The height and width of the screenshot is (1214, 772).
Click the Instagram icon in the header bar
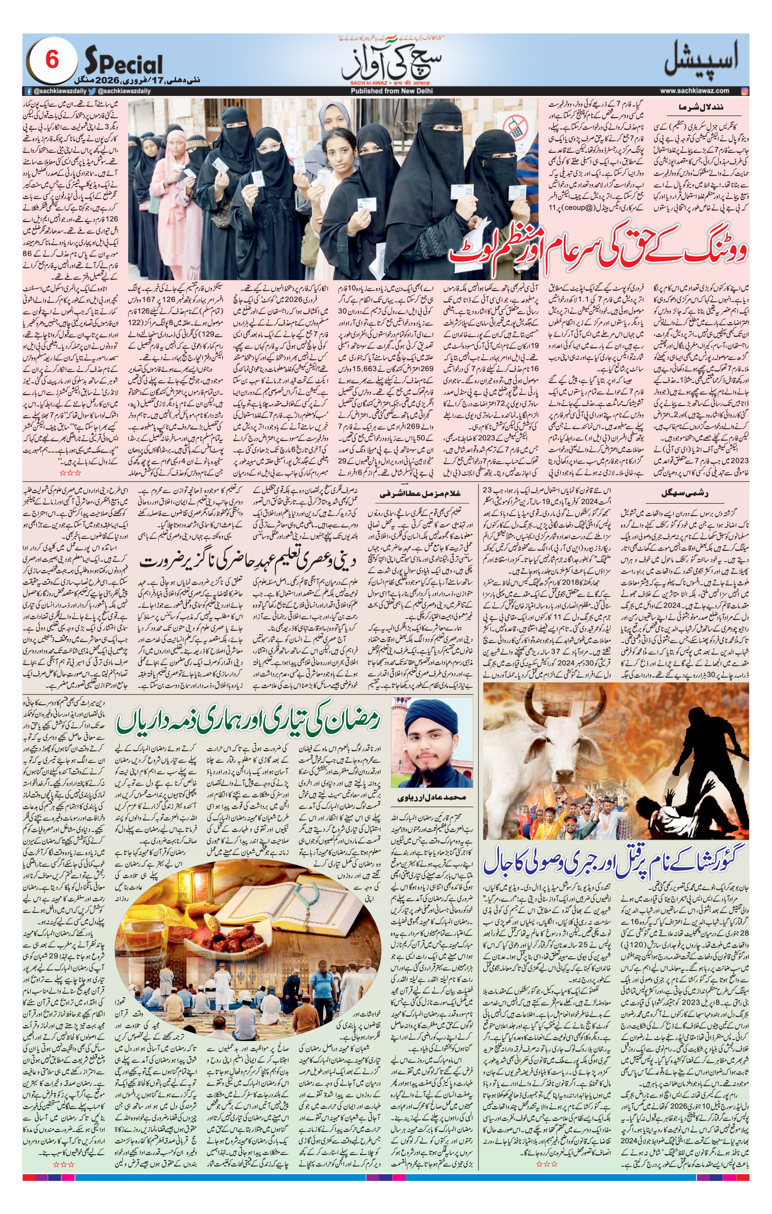pos(745,91)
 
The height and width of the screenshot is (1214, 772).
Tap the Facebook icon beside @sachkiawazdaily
pos(29,91)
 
